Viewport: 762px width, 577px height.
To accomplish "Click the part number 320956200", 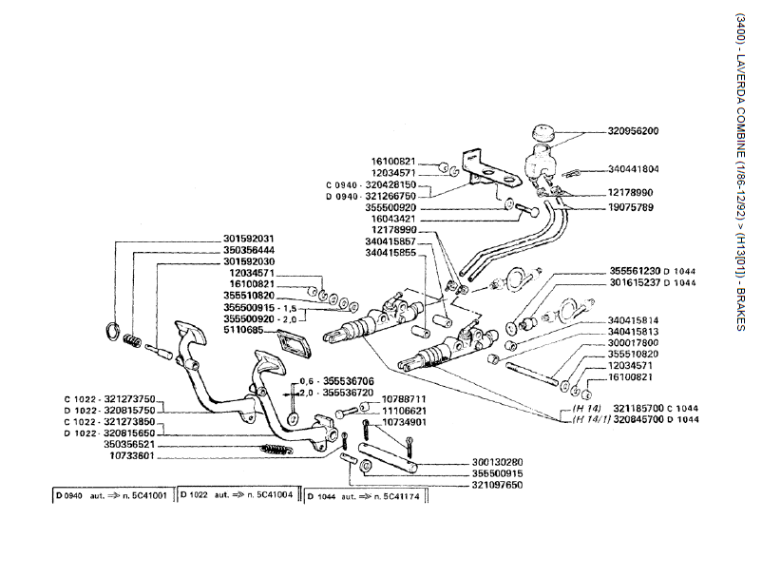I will pos(639,131).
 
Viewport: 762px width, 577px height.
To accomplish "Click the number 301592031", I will pos(249,238).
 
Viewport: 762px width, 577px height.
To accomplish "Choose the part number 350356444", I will pos(249,249).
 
